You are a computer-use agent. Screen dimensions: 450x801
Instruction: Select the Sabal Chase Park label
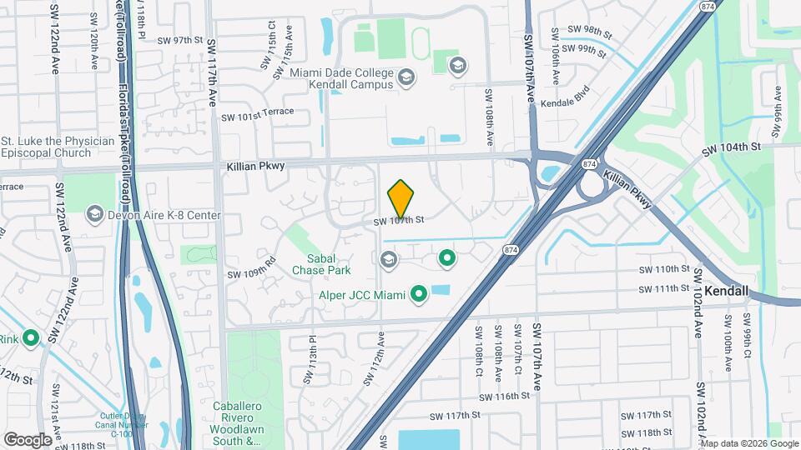321,263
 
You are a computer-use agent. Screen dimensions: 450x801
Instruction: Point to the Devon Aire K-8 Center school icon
94,216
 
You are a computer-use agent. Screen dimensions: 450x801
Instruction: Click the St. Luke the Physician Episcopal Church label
58,147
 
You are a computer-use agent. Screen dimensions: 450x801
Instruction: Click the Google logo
28,439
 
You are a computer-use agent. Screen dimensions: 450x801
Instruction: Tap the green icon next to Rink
31,338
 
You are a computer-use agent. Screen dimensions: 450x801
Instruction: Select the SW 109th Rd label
251,272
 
